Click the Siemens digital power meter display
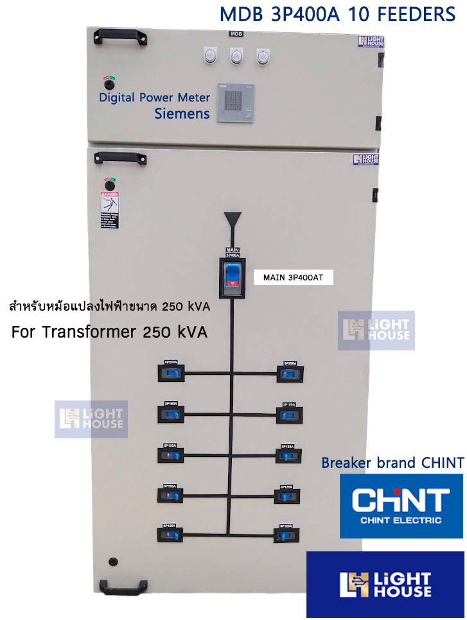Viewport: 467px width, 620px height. click(235, 102)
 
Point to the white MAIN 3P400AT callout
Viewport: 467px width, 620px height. click(293, 278)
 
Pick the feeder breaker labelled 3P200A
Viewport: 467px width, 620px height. click(172, 374)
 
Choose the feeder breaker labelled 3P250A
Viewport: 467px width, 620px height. click(290, 374)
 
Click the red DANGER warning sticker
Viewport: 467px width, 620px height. click(109, 209)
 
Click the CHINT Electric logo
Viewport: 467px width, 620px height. click(401, 506)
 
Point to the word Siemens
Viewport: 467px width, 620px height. click(182, 114)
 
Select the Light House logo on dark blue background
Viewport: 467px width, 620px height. click(385, 584)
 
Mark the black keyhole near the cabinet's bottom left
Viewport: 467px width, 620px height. click(114, 562)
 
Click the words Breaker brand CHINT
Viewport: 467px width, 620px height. click(392, 463)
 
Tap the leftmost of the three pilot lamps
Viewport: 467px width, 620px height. click(209, 56)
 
